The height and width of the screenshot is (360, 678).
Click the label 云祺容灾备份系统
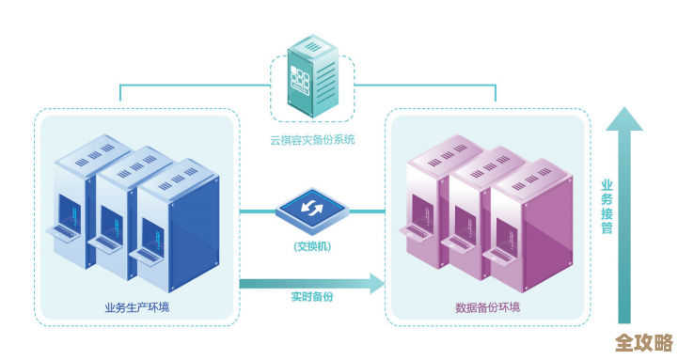click(x=311, y=139)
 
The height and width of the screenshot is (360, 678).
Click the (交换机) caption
click(x=311, y=247)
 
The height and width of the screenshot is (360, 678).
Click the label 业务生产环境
click(x=137, y=307)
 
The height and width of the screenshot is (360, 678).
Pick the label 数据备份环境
click(x=487, y=307)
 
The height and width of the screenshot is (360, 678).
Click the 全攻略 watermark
click(x=643, y=341)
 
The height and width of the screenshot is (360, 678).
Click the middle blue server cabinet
click(x=122, y=202)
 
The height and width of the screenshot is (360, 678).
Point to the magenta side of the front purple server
click(x=549, y=235)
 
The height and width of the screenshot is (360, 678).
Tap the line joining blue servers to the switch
click(x=256, y=211)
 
